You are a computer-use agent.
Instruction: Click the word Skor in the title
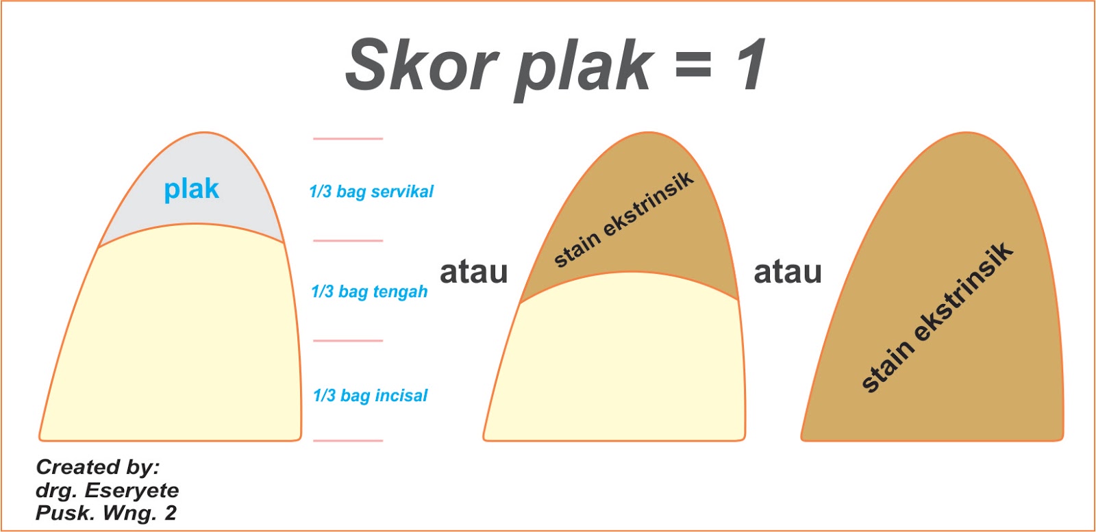[x=421, y=65]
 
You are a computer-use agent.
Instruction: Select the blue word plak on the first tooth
[x=191, y=189]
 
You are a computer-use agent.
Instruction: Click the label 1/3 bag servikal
[x=371, y=192]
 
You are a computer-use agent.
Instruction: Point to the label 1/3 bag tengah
[x=369, y=292]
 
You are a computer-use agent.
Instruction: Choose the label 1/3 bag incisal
[x=370, y=396]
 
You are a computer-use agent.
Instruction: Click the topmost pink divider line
[x=348, y=139]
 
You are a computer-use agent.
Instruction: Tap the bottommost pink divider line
[x=348, y=440]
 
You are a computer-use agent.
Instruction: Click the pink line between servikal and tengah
[x=348, y=241]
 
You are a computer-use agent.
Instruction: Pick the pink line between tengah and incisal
[x=348, y=340]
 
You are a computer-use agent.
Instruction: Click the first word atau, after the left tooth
[x=473, y=272]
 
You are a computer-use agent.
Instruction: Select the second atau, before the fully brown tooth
[x=788, y=272]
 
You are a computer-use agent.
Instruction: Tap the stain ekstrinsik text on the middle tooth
[x=623, y=219]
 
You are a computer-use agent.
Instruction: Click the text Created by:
[x=97, y=467]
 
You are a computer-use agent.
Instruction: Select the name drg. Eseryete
[x=107, y=490]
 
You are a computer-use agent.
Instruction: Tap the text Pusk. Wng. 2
[x=105, y=513]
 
